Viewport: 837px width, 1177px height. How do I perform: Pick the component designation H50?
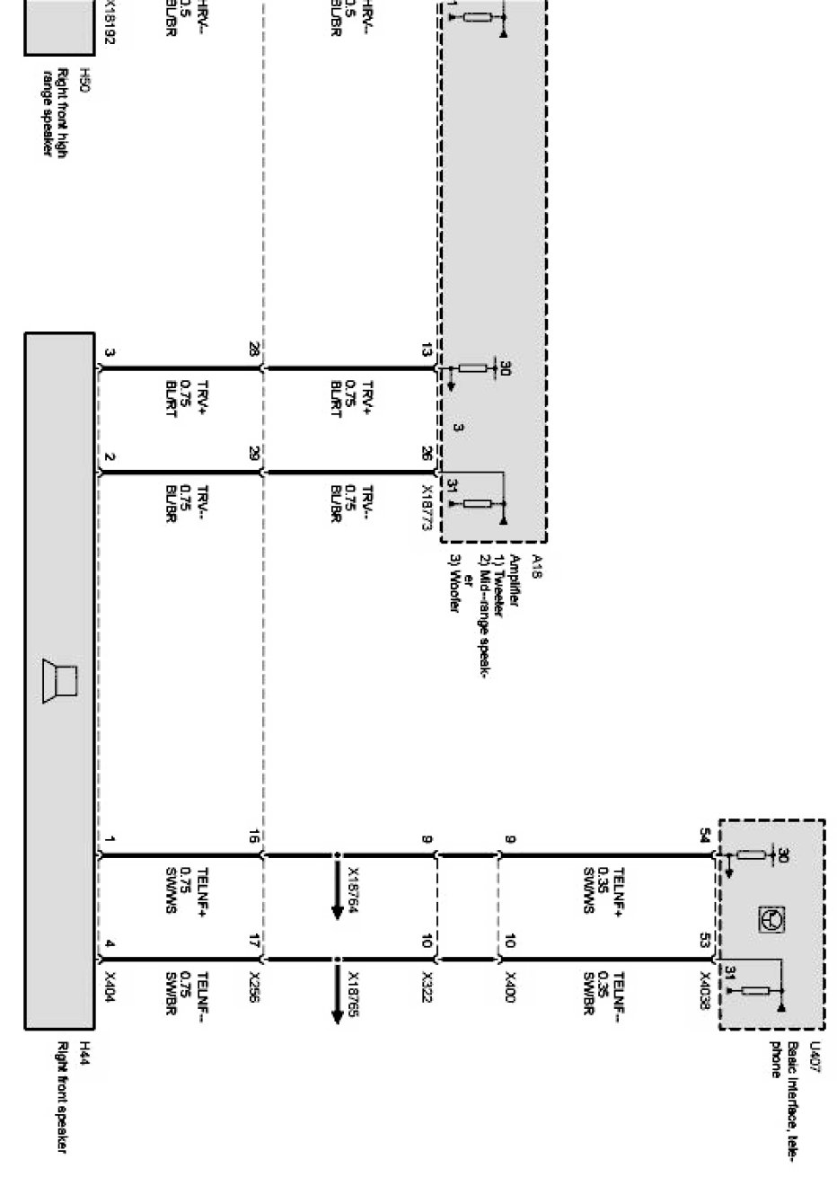85,75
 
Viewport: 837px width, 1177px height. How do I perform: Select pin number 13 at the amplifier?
427,351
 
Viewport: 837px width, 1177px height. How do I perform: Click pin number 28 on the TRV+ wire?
254,351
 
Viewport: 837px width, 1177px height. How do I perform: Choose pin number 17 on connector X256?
254,942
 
